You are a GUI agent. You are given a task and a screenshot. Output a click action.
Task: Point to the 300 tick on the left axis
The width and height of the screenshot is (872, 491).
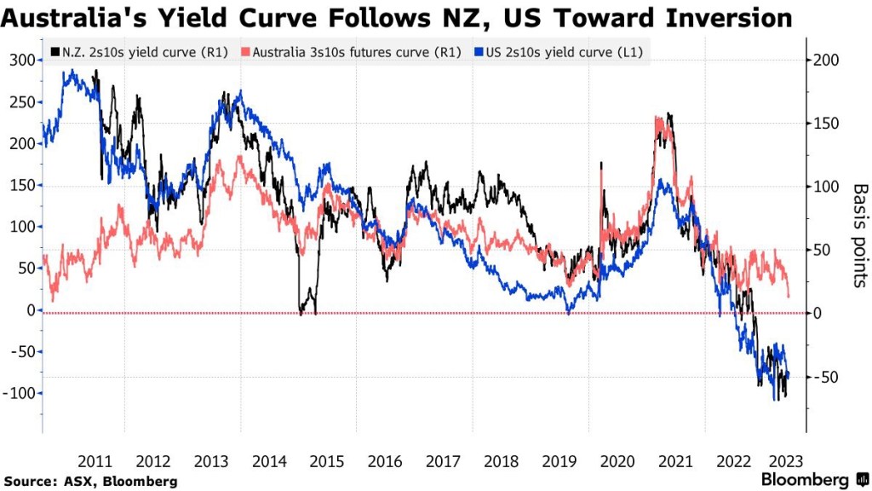click(20, 61)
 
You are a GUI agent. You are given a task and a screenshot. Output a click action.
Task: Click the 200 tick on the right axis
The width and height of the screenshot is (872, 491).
click(827, 61)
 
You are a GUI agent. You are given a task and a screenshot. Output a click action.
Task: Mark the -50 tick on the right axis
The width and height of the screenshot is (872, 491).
click(827, 378)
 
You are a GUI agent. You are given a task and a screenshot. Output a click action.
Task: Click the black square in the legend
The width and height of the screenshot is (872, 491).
click(55, 53)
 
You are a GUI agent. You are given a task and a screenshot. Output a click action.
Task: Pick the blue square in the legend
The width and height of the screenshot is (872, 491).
click(479, 53)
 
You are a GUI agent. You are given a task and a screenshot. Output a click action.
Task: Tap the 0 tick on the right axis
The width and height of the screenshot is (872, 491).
click(817, 314)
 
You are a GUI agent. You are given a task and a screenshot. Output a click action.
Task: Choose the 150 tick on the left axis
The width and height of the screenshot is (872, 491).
click(20, 185)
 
